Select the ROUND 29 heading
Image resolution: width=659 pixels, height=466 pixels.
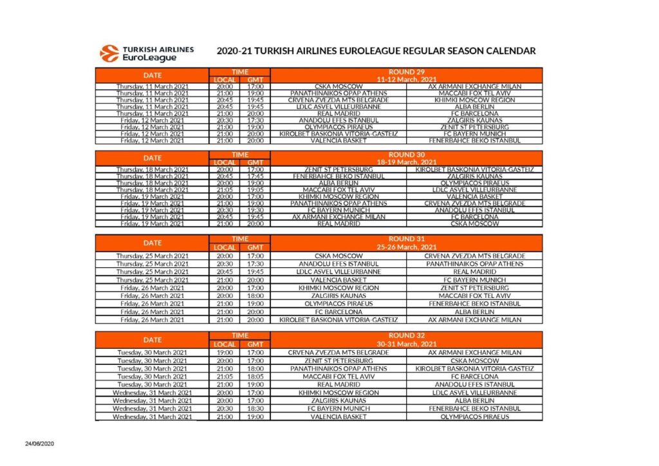(406, 72)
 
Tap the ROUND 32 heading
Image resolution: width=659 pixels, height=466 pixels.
(406, 335)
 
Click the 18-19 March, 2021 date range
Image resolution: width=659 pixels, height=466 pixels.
(406, 162)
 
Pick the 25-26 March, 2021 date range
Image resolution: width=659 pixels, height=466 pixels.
(406, 247)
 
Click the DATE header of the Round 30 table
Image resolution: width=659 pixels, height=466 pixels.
(153, 158)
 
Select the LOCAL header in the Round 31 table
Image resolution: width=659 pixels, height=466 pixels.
(224, 247)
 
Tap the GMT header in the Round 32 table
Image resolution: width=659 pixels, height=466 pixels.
(255, 344)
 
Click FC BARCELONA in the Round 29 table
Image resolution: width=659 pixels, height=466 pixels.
(474, 113)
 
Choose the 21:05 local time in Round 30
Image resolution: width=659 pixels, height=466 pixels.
(224, 190)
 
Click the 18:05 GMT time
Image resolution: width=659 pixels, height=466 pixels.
(255, 376)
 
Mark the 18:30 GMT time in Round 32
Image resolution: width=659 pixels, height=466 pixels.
(255, 408)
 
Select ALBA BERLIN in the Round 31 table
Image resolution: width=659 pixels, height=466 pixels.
(474, 312)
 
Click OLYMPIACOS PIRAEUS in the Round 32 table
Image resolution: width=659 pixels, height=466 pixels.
(474, 416)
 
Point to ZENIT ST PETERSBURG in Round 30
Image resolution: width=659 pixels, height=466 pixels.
(339, 169)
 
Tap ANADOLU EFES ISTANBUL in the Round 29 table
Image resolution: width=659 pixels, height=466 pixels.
(339, 120)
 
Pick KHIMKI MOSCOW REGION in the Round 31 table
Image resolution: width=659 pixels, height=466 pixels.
(339, 288)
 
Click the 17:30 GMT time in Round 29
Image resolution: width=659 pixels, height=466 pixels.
(255, 120)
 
